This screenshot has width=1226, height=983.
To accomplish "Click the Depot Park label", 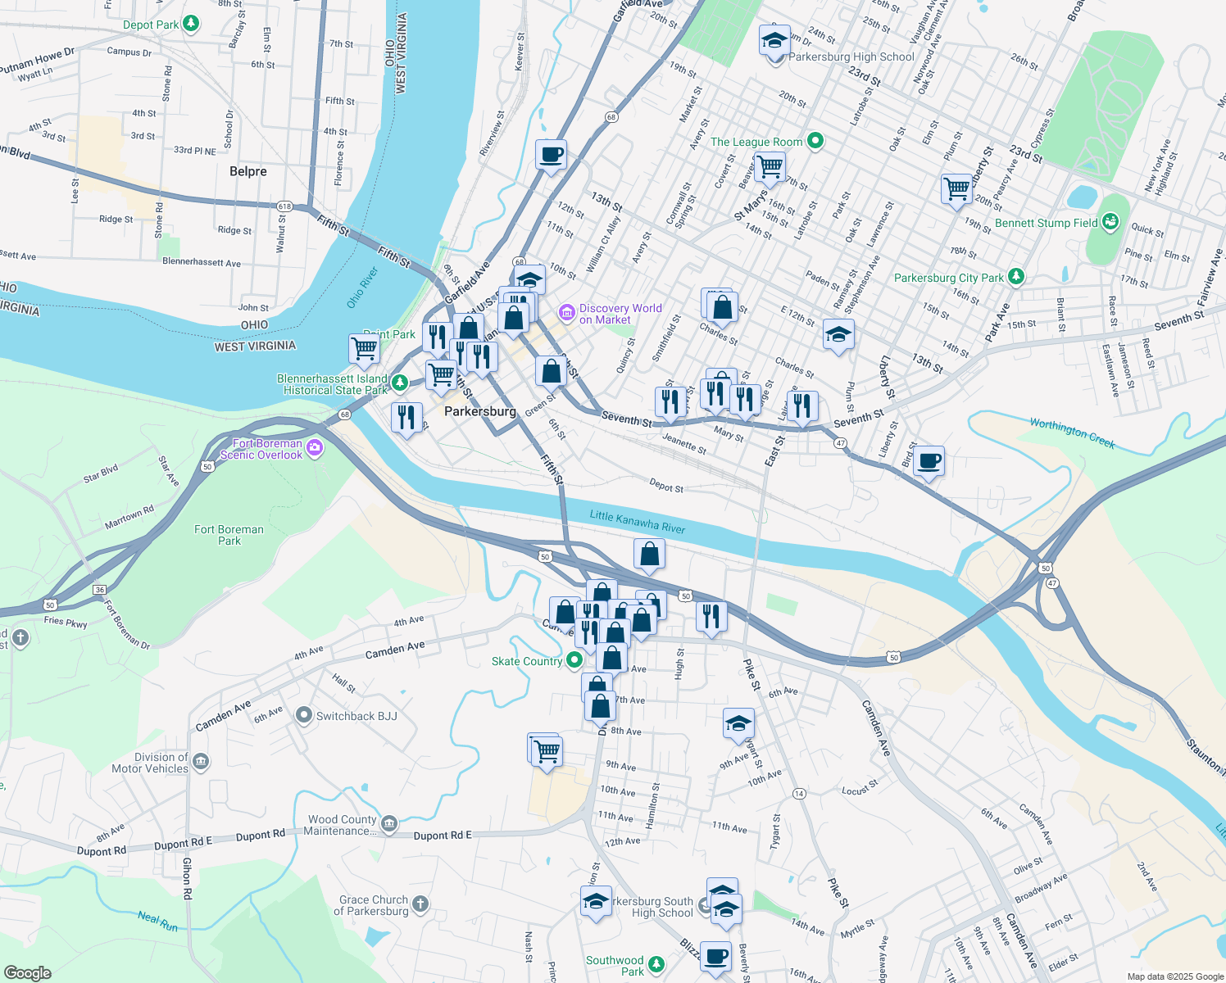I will [x=151, y=25].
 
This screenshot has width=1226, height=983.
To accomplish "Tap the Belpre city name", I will [x=248, y=171].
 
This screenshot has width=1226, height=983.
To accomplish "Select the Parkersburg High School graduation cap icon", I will [x=774, y=39].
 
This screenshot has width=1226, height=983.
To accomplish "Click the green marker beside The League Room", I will [x=815, y=141].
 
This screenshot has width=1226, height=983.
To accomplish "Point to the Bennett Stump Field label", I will [x=1046, y=223].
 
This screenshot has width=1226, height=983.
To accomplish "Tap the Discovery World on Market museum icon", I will [x=566, y=313].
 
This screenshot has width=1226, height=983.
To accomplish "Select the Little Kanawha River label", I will [x=638, y=522].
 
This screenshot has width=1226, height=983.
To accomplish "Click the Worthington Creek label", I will [x=1072, y=433].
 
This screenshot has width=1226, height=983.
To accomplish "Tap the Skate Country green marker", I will [x=574, y=659].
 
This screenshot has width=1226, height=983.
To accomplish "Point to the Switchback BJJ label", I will [x=356, y=716].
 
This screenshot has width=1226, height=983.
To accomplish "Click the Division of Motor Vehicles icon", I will [x=201, y=762].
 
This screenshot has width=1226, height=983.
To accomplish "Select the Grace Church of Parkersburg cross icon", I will [x=420, y=904].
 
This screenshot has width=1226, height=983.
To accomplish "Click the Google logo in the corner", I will [x=27, y=973].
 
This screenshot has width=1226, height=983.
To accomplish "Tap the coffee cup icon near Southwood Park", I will [x=715, y=956].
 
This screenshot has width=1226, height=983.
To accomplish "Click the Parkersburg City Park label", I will [x=948, y=278].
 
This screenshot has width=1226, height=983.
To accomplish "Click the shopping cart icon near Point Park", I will [x=364, y=348].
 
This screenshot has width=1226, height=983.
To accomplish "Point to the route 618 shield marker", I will [x=284, y=206].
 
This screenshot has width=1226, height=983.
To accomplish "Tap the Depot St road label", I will [x=665, y=486].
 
